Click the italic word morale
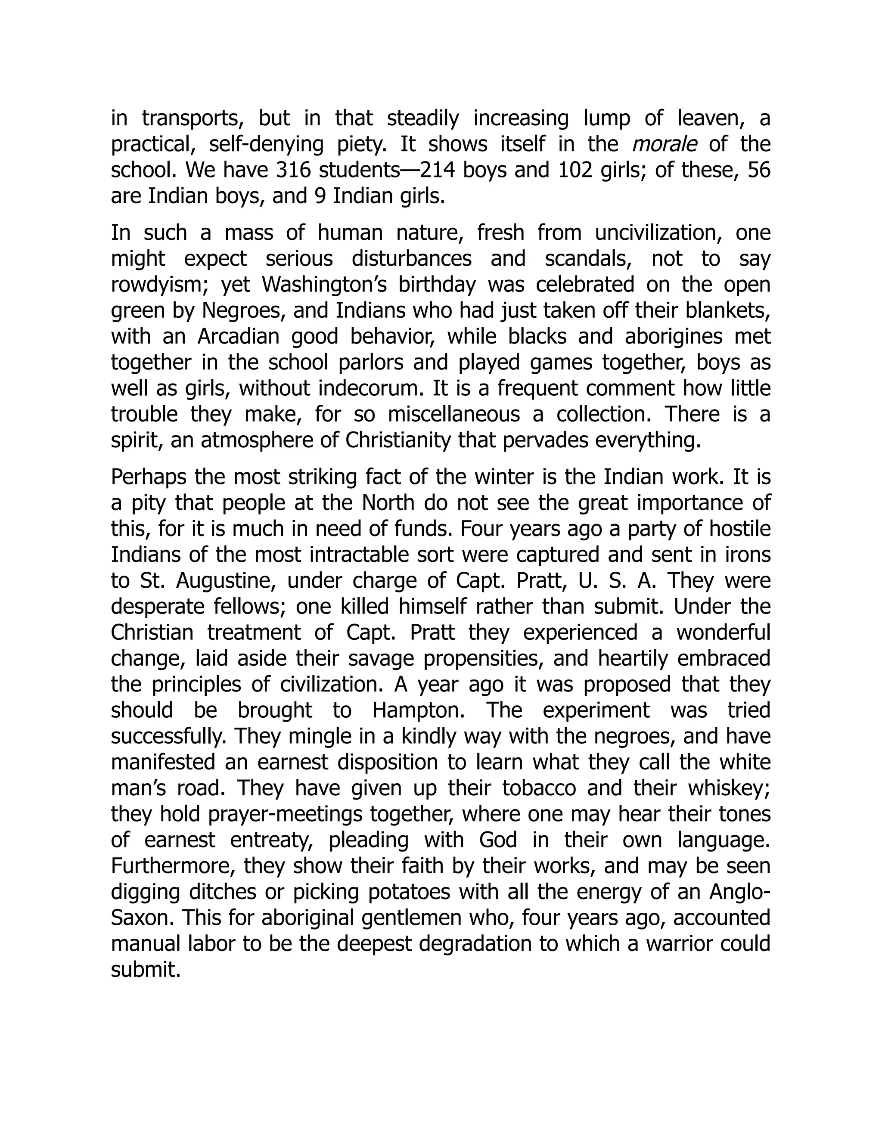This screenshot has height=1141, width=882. pos(664,144)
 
